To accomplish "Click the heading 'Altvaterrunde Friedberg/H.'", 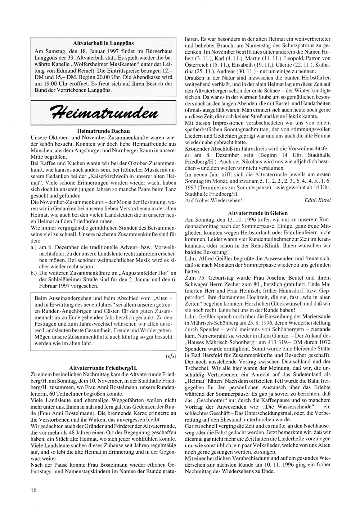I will click(103, 368).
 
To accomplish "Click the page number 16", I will click(33, 490).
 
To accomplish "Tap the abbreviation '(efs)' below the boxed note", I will click(171, 356).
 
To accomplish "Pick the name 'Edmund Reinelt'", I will click(72, 71).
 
